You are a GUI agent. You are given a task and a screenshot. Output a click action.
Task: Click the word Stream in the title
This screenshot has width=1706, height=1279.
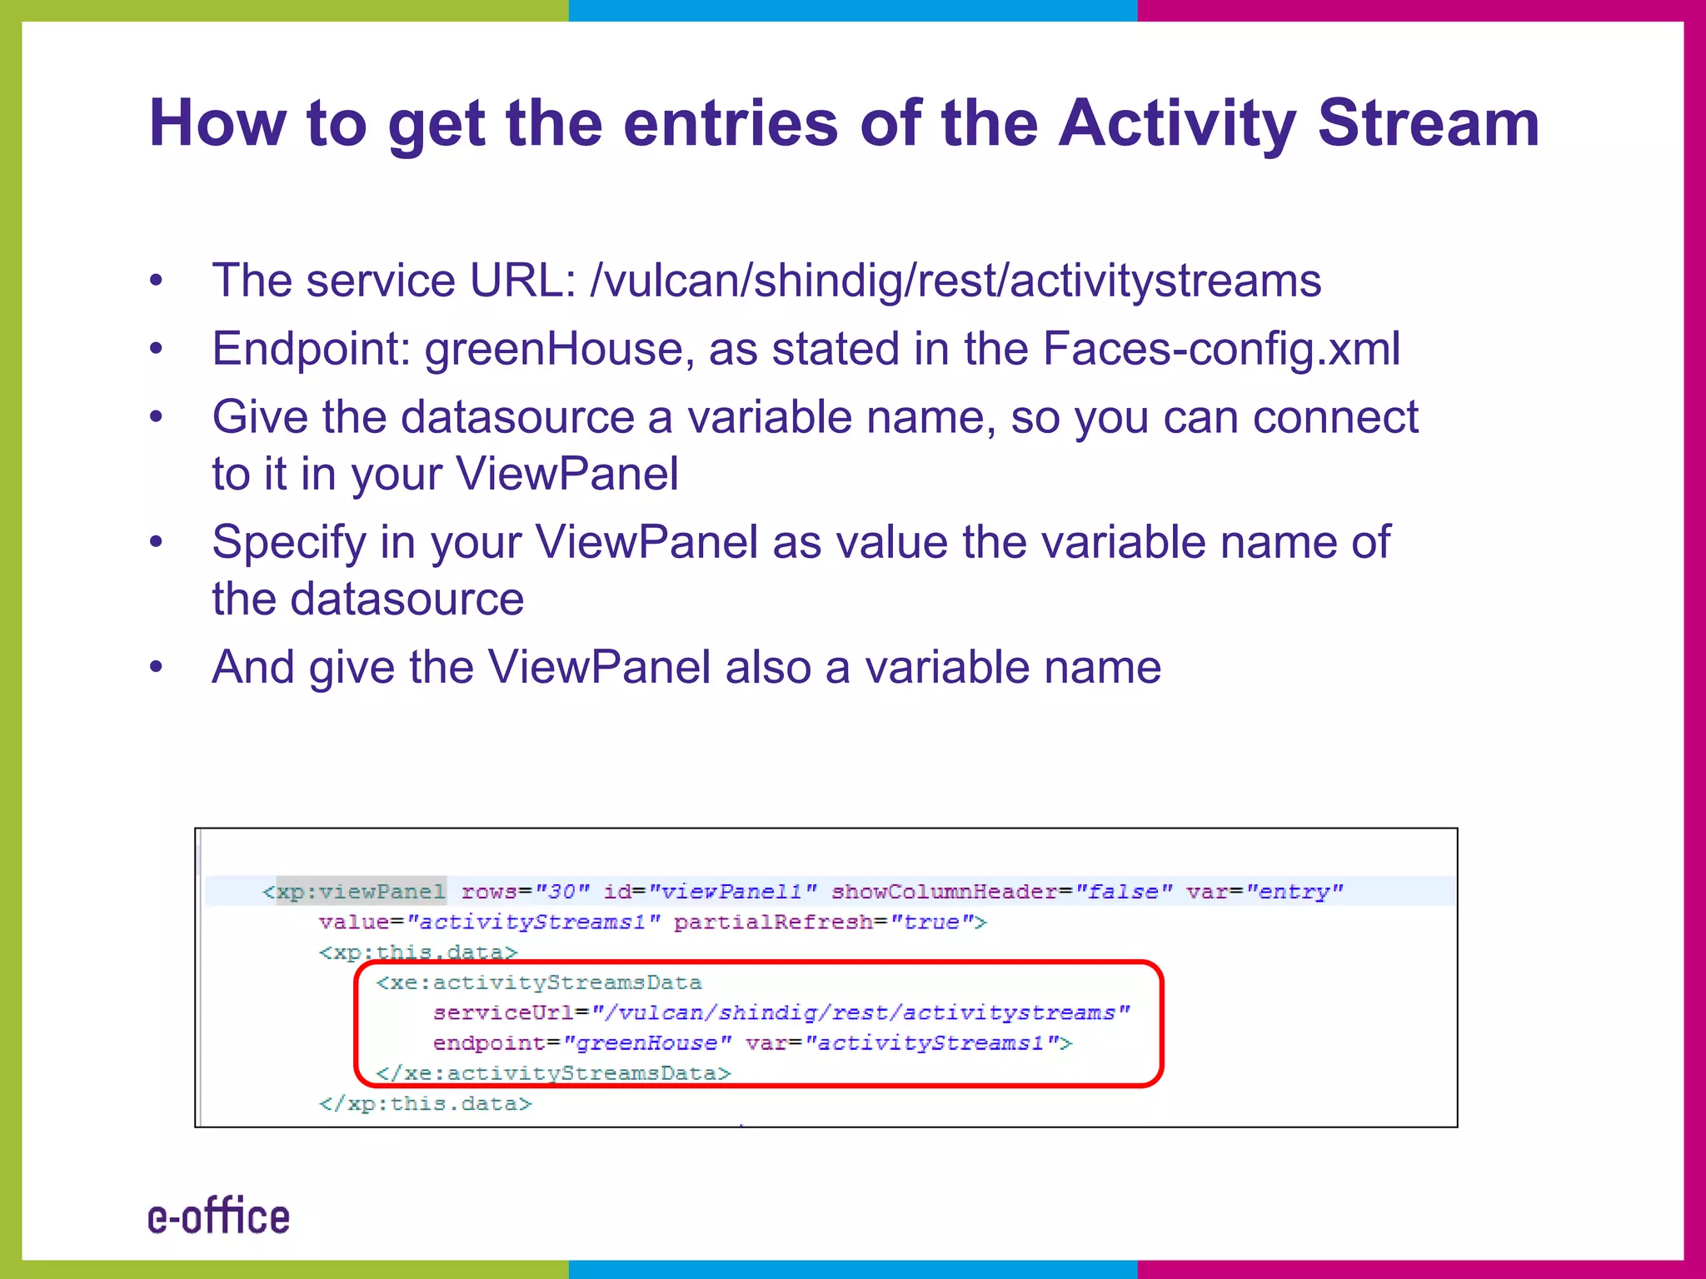click(1428, 123)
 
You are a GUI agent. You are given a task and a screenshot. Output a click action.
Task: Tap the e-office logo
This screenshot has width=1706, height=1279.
click(218, 1217)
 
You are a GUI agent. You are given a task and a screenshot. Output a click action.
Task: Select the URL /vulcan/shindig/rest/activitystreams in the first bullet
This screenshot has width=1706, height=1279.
click(955, 281)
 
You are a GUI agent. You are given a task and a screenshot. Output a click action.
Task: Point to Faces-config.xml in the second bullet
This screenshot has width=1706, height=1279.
click(1221, 349)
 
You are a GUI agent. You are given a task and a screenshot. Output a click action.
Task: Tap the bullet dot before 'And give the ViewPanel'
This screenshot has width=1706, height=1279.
click(156, 667)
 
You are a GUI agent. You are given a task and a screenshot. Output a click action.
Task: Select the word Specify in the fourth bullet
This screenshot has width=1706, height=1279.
click(288, 542)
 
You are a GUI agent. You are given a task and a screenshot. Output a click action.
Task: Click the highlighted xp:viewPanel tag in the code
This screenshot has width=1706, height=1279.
click(361, 892)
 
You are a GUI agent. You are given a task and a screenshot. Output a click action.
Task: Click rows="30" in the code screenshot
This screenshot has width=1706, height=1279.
click(525, 892)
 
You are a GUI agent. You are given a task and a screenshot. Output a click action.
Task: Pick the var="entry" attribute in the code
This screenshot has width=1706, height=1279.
click(1265, 892)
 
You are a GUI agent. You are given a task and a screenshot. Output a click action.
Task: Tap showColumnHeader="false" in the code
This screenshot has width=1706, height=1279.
click(1002, 892)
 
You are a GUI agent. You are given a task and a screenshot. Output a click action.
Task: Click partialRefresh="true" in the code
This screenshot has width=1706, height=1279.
click(830, 923)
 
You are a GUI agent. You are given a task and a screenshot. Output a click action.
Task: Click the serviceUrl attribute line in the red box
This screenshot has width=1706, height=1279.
click(781, 1013)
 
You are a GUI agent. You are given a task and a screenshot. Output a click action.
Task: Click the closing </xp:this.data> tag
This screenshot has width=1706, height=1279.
click(425, 1104)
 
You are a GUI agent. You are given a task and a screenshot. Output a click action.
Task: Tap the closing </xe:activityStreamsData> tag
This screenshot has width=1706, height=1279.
click(553, 1073)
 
